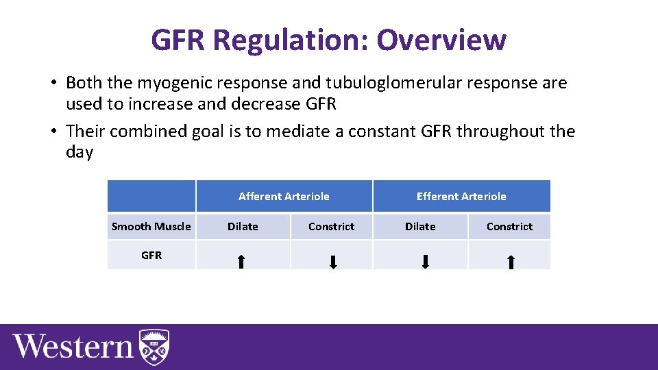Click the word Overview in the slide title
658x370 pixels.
441,40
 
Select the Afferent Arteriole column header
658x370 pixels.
284,196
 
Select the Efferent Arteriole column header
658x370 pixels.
461,196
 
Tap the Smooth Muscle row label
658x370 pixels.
151,227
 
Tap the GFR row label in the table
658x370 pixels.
151,255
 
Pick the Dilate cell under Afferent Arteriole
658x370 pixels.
243,227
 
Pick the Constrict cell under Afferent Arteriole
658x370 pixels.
332,227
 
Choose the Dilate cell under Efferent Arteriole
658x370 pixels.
420,227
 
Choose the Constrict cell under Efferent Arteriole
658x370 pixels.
509,227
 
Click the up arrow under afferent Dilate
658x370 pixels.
241,261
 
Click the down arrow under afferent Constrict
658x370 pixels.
333,262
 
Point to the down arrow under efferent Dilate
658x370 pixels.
425,261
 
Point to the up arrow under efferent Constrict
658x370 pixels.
511,261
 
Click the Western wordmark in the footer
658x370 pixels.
73,346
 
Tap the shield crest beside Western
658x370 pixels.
154,347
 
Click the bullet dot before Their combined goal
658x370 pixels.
52,132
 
